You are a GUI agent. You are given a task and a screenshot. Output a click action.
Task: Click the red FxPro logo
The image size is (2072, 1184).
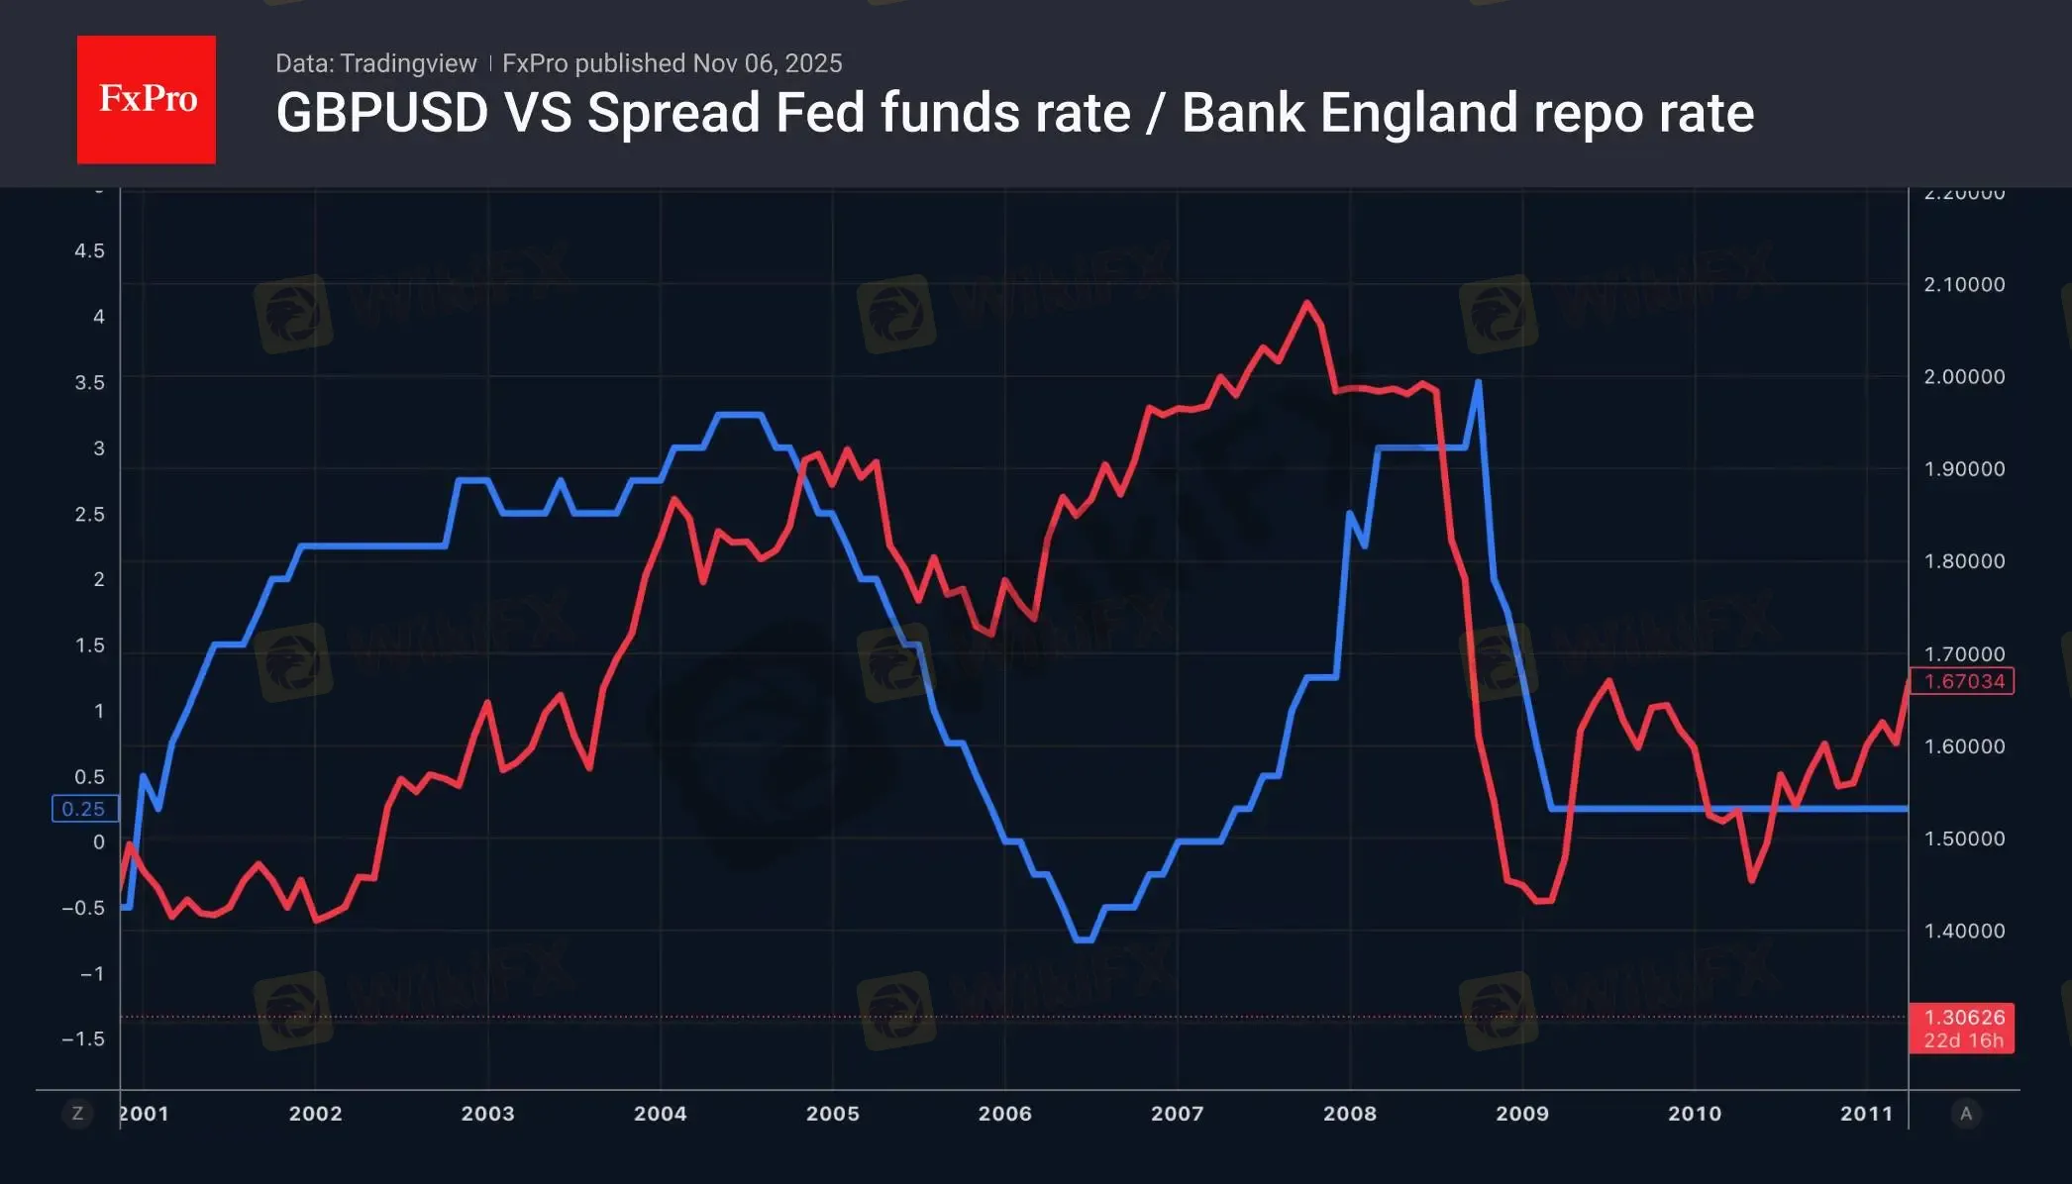[x=147, y=99]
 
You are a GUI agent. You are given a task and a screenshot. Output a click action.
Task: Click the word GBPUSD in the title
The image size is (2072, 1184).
[x=381, y=113]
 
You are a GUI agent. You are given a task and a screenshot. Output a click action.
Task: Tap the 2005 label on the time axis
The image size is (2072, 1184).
[x=832, y=1114]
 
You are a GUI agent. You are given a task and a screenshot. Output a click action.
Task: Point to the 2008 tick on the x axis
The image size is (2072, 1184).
[x=1349, y=1114]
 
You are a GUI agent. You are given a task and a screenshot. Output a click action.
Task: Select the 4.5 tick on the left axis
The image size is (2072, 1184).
[x=89, y=251]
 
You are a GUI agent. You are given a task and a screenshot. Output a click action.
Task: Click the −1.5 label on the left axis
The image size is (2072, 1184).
[x=83, y=1039]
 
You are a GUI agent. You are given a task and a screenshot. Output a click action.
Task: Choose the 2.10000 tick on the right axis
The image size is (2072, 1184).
[x=1964, y=285]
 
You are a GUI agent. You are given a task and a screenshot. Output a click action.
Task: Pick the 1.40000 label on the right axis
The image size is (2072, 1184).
[x=1964, y=932]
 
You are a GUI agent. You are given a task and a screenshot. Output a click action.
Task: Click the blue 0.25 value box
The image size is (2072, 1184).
[x=84, y=809]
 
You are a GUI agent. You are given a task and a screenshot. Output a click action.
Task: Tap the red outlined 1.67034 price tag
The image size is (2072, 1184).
[x=1963, y=681]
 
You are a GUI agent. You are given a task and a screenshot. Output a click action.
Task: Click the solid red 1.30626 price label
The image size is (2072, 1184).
[x=1963, y=1029]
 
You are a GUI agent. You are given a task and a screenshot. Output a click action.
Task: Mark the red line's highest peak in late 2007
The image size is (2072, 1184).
[x=1306, y=302]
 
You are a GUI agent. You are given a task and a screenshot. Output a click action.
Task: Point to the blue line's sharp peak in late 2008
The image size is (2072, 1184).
[x=1478, y=381]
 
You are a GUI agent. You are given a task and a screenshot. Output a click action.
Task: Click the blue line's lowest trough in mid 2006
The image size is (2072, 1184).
[x=1084, y=939]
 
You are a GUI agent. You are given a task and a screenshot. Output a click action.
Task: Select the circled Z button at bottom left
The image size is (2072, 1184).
[x=77, y=1114]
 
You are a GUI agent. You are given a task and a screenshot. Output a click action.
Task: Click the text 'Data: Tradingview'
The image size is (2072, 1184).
[x=375, y=63]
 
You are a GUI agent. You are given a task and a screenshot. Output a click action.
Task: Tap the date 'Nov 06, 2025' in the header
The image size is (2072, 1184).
[x=768, y=63]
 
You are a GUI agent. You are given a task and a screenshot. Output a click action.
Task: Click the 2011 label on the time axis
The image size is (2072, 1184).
[x=1866, y=1114]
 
